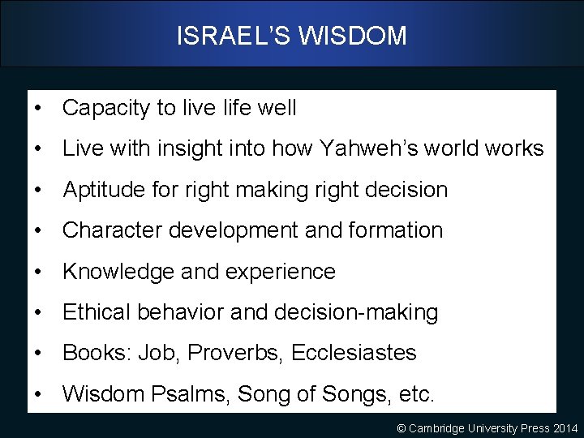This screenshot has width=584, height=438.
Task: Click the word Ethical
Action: coord(97,312)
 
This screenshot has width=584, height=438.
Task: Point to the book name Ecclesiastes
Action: coord(354,353)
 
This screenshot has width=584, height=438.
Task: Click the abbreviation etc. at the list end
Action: coord(416,394)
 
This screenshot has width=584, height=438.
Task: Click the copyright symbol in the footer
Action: coord(401,427)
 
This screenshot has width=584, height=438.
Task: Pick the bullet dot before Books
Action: coord(38,353)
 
